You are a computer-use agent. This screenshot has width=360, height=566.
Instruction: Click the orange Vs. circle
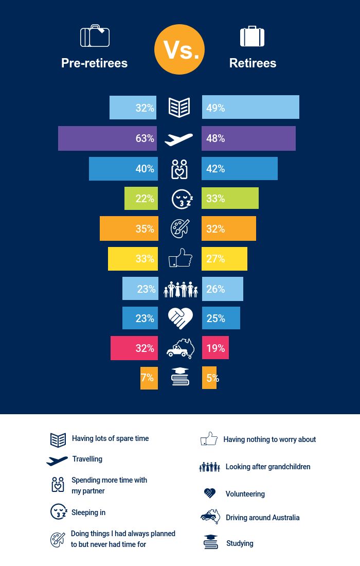179,49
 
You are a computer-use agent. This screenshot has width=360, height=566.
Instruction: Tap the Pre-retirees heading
94,63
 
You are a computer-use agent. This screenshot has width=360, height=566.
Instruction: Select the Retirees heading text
253,63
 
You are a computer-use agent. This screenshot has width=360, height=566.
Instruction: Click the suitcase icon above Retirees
252,37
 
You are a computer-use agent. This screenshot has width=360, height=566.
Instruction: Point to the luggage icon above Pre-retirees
95,36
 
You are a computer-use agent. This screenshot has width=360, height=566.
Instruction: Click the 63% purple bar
108,138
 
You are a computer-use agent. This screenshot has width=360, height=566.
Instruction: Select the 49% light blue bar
250,108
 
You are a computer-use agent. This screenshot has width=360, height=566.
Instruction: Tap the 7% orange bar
149,378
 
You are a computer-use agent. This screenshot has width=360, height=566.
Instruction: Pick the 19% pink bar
215,348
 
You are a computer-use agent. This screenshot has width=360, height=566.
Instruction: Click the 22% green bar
141,199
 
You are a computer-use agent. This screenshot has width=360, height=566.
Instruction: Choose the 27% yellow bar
224,259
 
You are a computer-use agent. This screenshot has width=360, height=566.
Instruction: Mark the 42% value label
215,169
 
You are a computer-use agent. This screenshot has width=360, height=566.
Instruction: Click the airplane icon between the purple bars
179,139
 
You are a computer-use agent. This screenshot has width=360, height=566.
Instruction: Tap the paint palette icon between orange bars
180,228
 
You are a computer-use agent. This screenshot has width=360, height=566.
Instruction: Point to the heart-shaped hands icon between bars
180,319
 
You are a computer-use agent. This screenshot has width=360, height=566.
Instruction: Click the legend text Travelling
87,459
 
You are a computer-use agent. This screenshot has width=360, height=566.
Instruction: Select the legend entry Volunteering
245,494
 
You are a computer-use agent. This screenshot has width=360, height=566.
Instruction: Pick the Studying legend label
240,543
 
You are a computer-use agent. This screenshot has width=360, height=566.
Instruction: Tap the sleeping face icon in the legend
59,512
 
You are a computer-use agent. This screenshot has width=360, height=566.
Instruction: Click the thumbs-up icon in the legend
209,439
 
